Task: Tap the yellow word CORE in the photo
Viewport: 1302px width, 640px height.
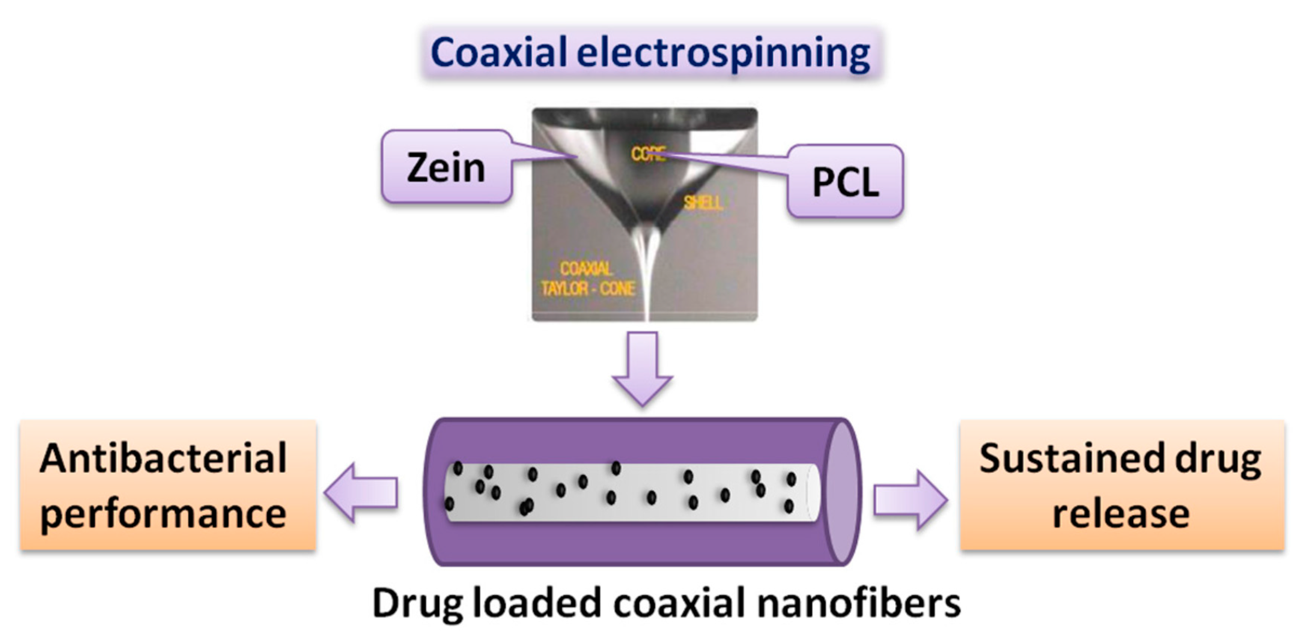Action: click(x=648, y=154)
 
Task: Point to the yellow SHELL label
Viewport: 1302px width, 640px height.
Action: click(x=703, y=203)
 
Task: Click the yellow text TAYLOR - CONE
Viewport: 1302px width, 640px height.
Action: click(x=588, y=289)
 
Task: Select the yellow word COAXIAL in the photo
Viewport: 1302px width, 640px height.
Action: click(x=586, y=269)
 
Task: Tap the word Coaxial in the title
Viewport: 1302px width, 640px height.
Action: click(x=499, y=52)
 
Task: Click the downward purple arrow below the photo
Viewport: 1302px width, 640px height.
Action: click(x=642, y=369)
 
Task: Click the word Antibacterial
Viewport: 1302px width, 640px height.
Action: click(x=163, y=458)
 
